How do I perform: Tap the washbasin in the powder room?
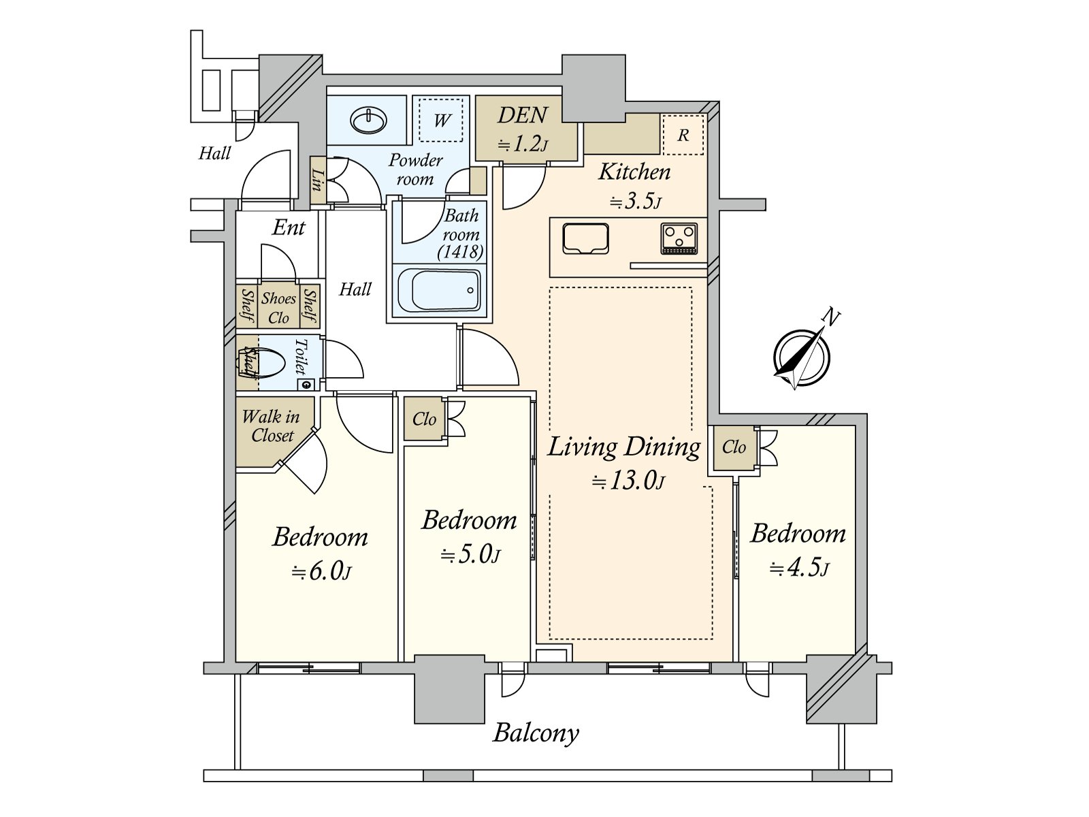[369, 120]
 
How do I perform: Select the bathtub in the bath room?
[439, 291]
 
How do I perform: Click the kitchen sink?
[585, 238]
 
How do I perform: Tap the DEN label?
[523, 116]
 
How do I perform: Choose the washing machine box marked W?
[441, 120]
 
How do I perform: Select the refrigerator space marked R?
[683, 134]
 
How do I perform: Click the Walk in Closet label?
[271, 426]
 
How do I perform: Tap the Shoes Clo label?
[278, 308]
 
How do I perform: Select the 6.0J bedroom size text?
[321, 572]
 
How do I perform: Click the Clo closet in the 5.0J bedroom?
[424, 419]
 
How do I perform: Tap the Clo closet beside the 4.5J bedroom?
[734, 447]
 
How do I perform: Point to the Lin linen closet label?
[318, 180]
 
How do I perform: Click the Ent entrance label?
[289, 227]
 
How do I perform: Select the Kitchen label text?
[634, 172]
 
